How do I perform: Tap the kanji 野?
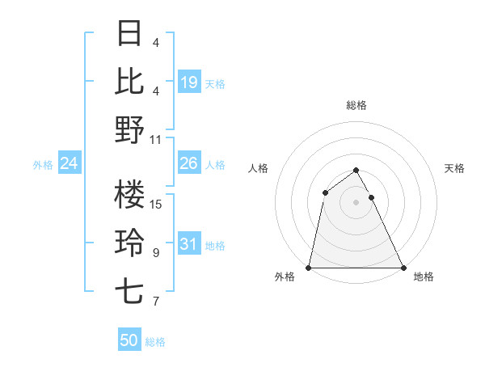(x=130, y=129)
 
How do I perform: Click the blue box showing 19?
(x=188, y=82)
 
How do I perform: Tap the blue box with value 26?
(x=188, y=163)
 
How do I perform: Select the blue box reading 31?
(x=188, y=244)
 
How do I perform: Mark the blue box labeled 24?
(x=70, y=163)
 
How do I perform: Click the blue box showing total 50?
(x=129, y=340)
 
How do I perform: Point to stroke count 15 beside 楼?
(x=157, y=204)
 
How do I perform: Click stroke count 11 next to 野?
(x=157, y=139)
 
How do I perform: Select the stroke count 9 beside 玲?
(x=156, y=253)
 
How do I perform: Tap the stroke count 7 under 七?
(x=156, y=302)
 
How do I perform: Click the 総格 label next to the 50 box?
(x=155, y=342)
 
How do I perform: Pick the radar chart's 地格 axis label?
(x=424, y=277)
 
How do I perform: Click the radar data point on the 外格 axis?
(x=309, y=268)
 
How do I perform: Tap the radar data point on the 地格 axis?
(x=403, y=268)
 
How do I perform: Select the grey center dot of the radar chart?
(x=356, y=202)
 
